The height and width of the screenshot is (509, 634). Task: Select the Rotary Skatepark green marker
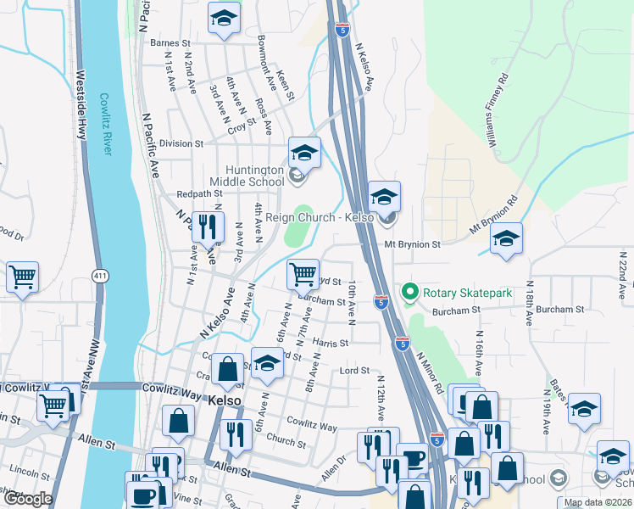coord(410,294)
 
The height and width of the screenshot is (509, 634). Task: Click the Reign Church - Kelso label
coord(320,218)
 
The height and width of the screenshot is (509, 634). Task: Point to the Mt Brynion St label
coord(413,244)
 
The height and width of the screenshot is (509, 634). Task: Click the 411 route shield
coord(100,276)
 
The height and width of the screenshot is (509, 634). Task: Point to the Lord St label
coord(355,371)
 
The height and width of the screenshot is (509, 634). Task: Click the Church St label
coord(285,441)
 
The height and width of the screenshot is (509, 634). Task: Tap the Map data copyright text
coord(598,502)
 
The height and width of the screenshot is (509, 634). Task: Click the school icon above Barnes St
coord(224,18)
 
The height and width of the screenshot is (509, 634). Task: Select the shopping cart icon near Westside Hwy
coord(22,277)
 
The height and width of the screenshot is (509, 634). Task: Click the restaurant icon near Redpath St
coord(208,227)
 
